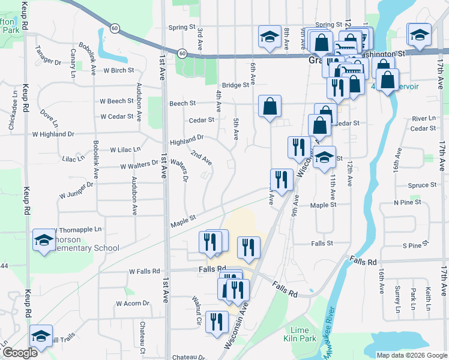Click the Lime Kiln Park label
pyautogui.click(x=300, y=335)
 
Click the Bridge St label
pyautogui.click(x=235, y=85)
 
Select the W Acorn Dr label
pyautogui.click(x=133, y=303)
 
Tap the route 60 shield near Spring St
pyautogui.click(x=115, y=28)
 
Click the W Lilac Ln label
pyautogui.click(x=125, y=149)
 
